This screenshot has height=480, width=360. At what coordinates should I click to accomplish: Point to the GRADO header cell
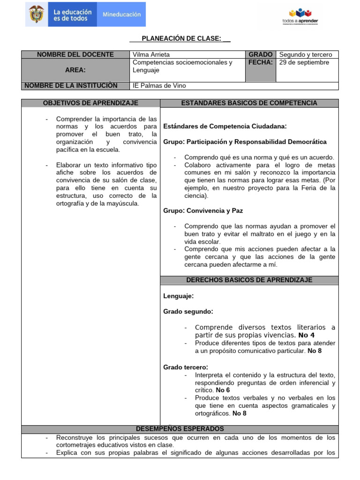[261, 54]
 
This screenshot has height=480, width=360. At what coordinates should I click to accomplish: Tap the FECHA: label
[261, 62]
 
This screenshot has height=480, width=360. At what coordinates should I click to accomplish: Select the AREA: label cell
[75, 70]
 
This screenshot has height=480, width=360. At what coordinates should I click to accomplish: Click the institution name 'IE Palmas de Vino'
[159, 86]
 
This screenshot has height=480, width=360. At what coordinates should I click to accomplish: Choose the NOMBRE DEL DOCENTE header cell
[75, 54]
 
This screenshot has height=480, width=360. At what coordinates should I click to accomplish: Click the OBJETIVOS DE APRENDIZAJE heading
[90, 103]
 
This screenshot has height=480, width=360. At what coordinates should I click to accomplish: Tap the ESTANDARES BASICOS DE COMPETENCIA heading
[249, 103]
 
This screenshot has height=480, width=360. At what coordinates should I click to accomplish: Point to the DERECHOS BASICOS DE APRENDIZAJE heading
[249, 280]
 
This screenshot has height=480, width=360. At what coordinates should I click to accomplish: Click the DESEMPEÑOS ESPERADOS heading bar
[180, 428]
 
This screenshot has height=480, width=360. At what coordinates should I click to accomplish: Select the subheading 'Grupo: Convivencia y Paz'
[203, 211]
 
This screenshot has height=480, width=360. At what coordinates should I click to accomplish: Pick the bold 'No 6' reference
[222, 390]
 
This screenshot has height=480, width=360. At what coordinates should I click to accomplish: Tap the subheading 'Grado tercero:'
[186, 367]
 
